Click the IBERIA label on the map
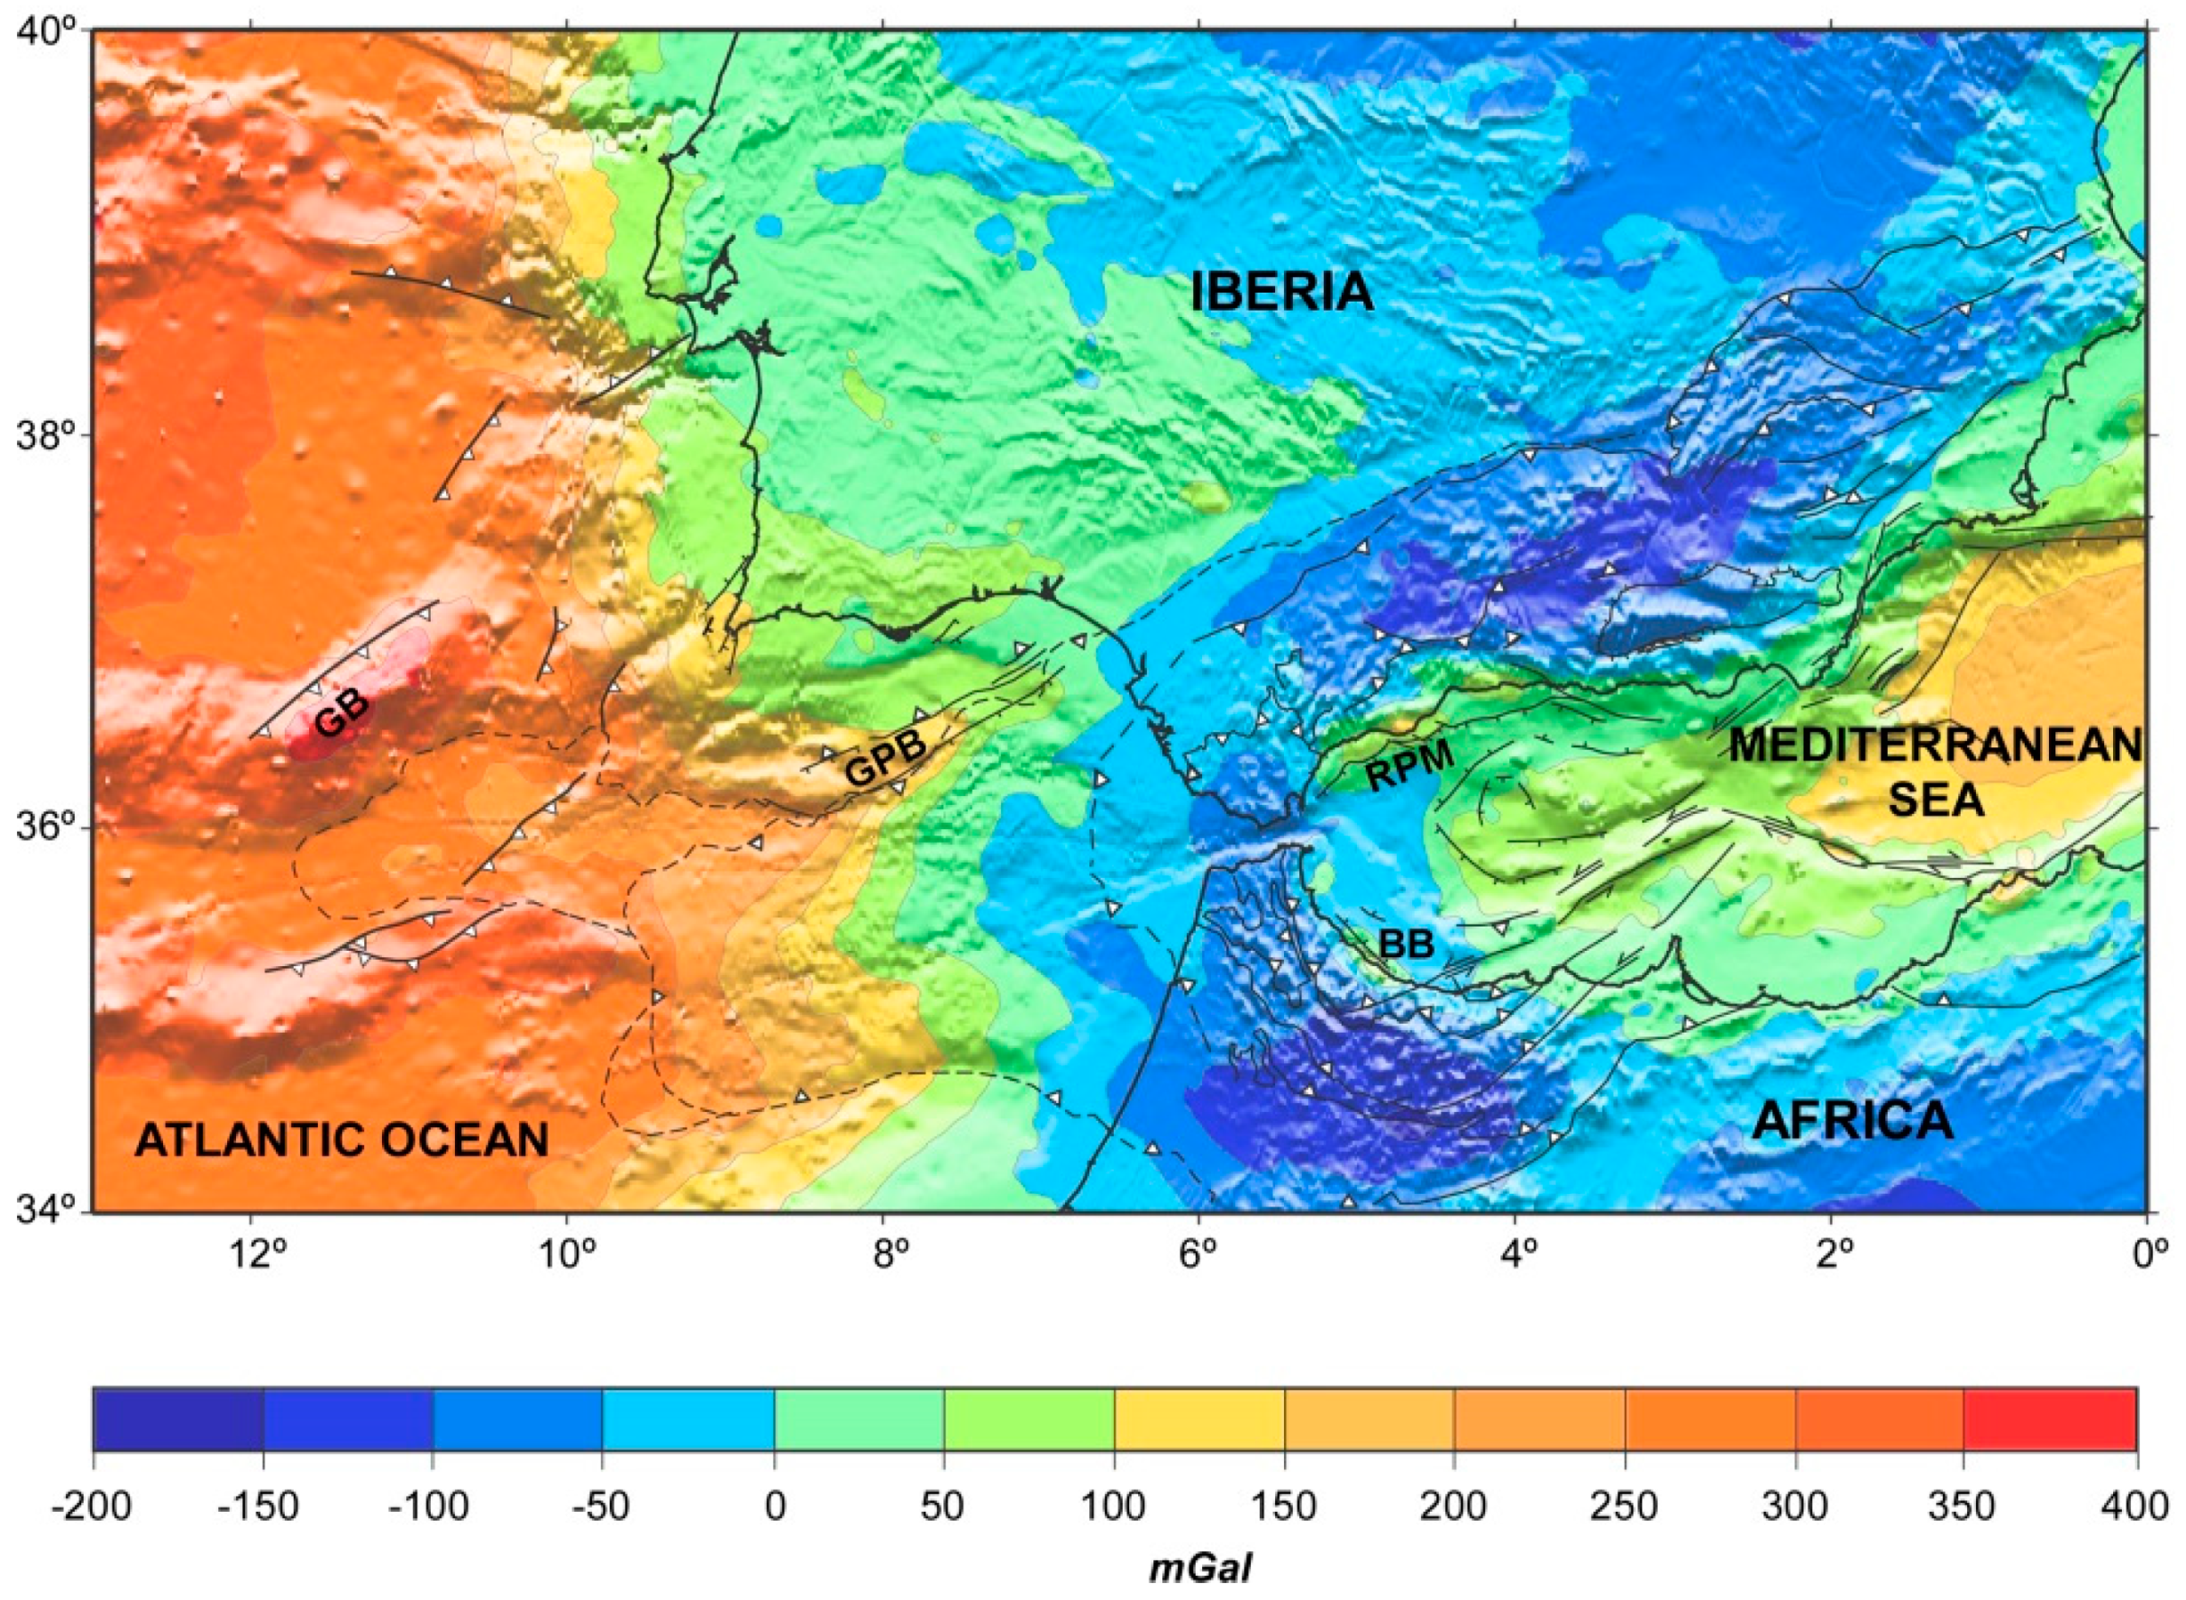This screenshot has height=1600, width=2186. (1281, 292)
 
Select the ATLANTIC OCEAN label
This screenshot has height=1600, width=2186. (342, 1140)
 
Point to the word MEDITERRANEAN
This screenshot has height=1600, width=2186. (1934, 746)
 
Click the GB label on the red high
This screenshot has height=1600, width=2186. (343, 717)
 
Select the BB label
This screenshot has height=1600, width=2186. (1406, 944)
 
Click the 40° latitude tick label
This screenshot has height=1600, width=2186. (46, 31)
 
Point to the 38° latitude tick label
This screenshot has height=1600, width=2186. (46, 436)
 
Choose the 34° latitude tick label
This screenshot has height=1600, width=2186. (46, 1210)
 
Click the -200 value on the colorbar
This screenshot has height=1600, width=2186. (93, 1508)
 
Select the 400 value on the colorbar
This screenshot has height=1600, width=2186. (2136, 1508)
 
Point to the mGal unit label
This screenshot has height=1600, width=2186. (1200, 1569)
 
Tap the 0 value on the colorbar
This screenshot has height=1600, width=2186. (774, 1508)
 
